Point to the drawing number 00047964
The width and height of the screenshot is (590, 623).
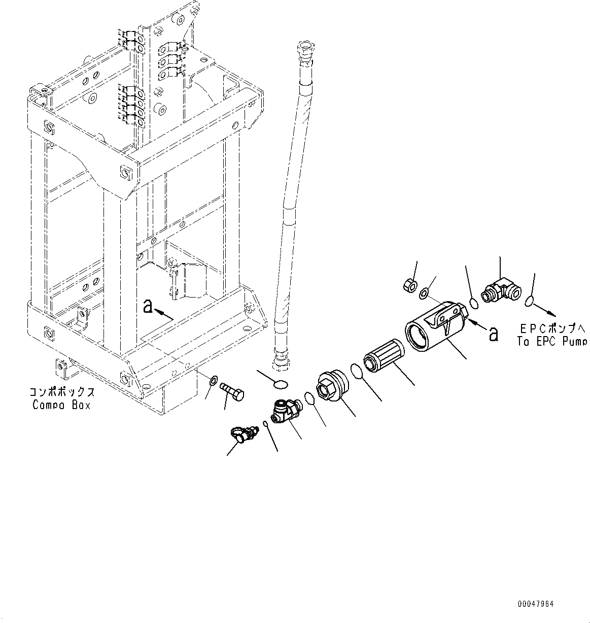tap(536, 604)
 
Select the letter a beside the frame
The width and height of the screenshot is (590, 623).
tap(148, 306)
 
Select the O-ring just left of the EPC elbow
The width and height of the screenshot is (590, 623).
tap(474, 303)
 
